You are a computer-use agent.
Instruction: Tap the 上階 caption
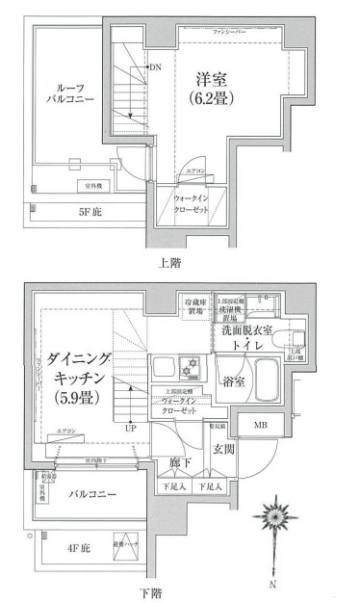coord(168,261)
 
